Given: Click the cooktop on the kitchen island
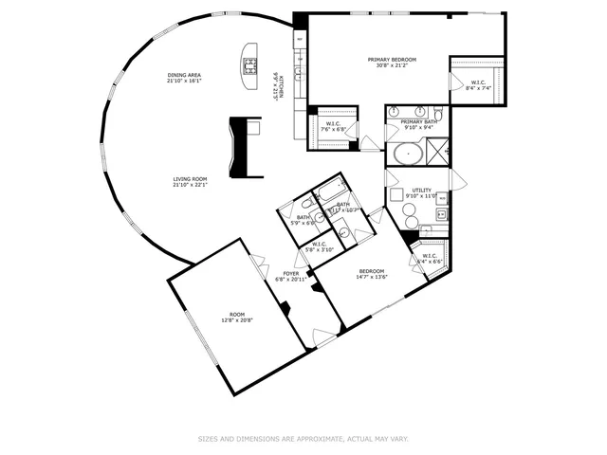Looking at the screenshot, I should point(251,65).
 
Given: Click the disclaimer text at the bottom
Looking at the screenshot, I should point(303,439).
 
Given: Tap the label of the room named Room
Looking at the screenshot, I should point(237,314).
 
